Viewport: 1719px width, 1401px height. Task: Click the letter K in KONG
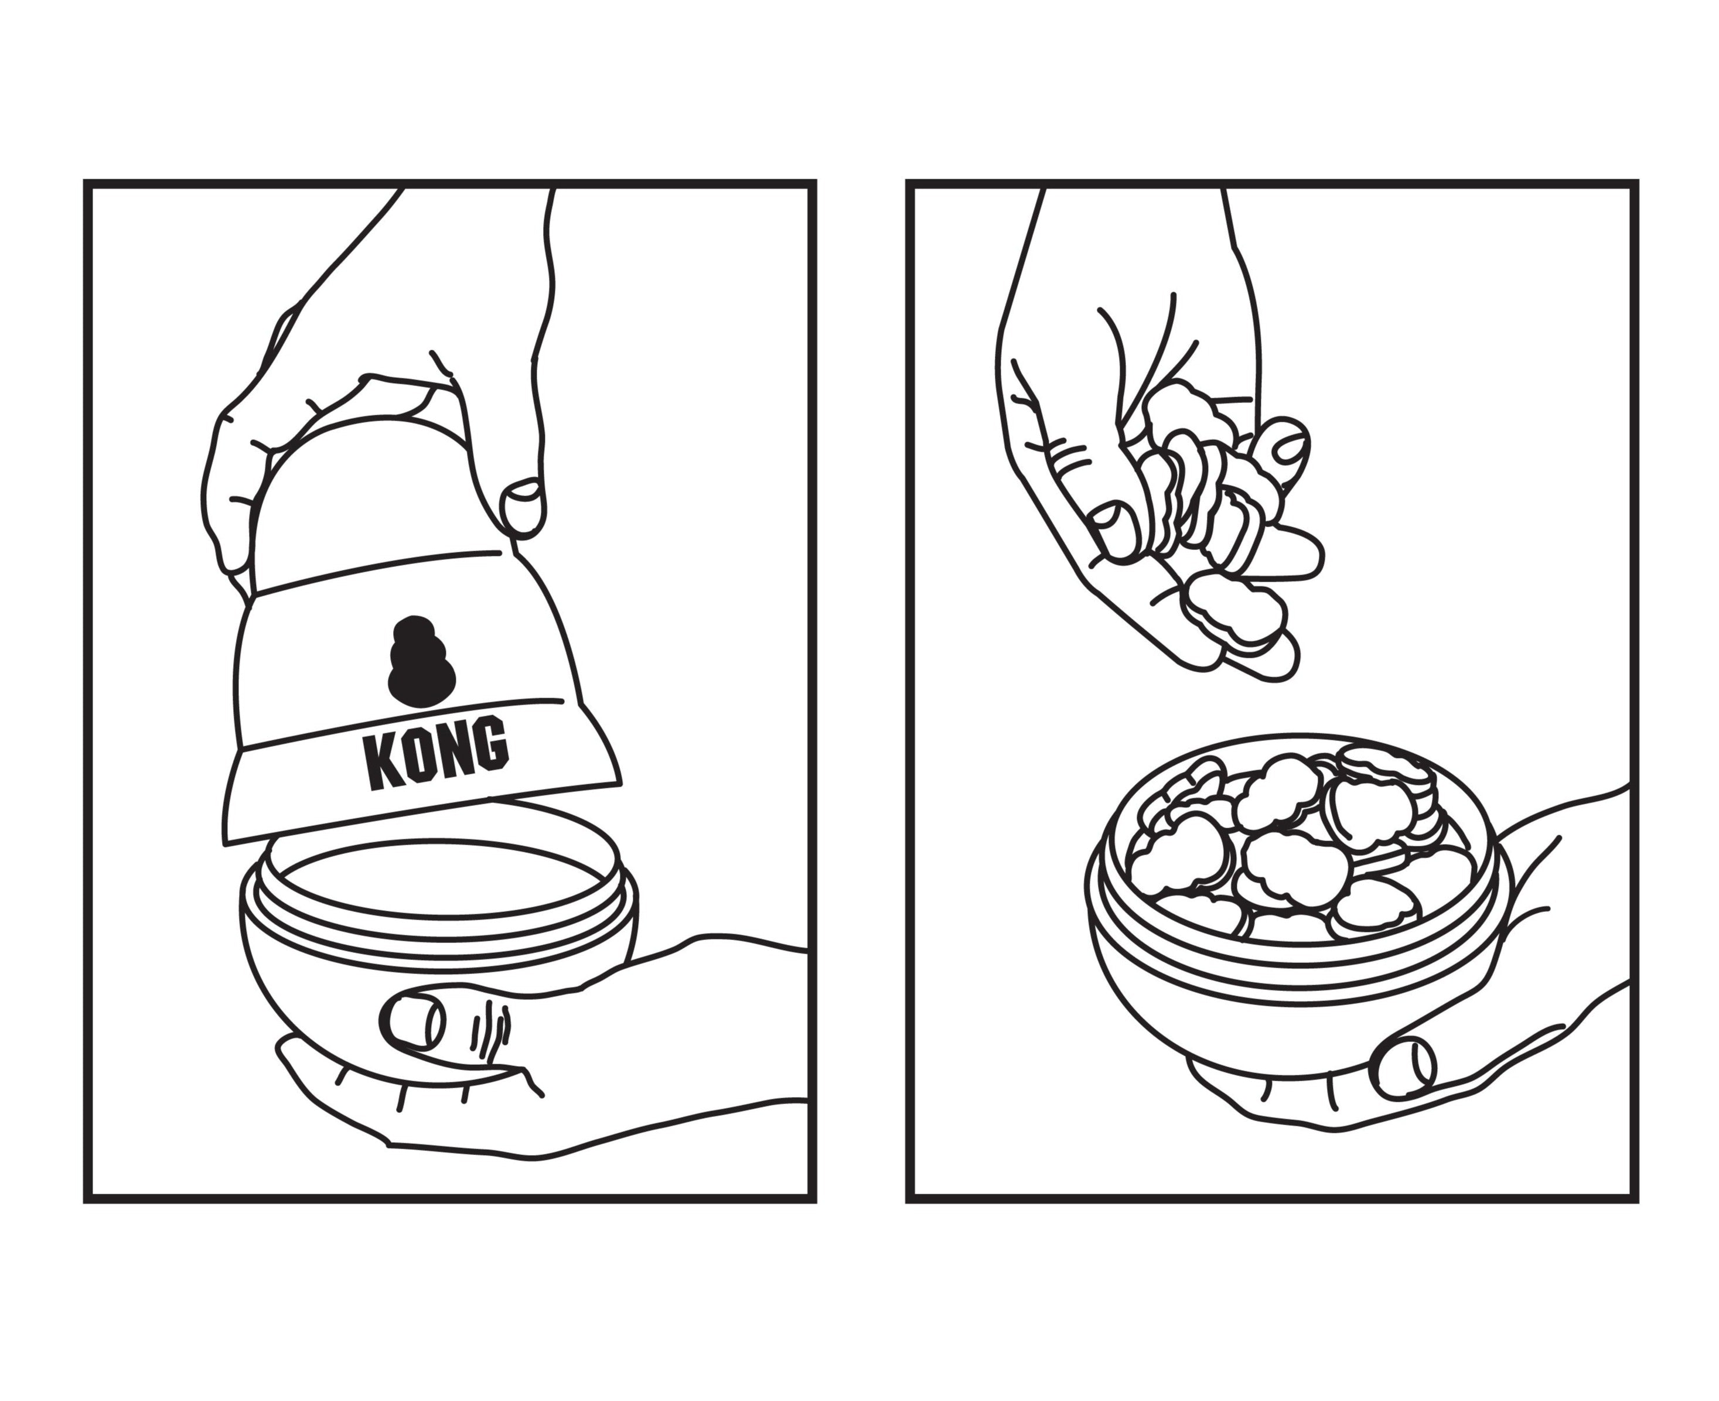(x=382, y=760)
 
